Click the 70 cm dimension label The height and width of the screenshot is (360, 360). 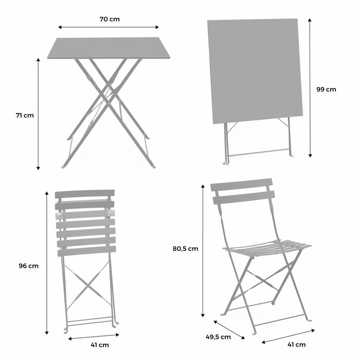point(109,20)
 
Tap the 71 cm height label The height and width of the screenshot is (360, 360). point(24,115)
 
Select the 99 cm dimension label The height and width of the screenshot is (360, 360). point(326,89)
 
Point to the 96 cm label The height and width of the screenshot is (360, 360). point(28,266)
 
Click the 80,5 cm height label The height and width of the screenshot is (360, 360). point(185,248)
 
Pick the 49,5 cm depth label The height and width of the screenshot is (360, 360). point(218,337)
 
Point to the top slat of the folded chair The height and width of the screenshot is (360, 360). point(84,194)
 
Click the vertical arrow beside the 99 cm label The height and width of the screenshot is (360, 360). point(310,87)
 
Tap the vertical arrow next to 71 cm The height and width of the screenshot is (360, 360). point(38,114)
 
